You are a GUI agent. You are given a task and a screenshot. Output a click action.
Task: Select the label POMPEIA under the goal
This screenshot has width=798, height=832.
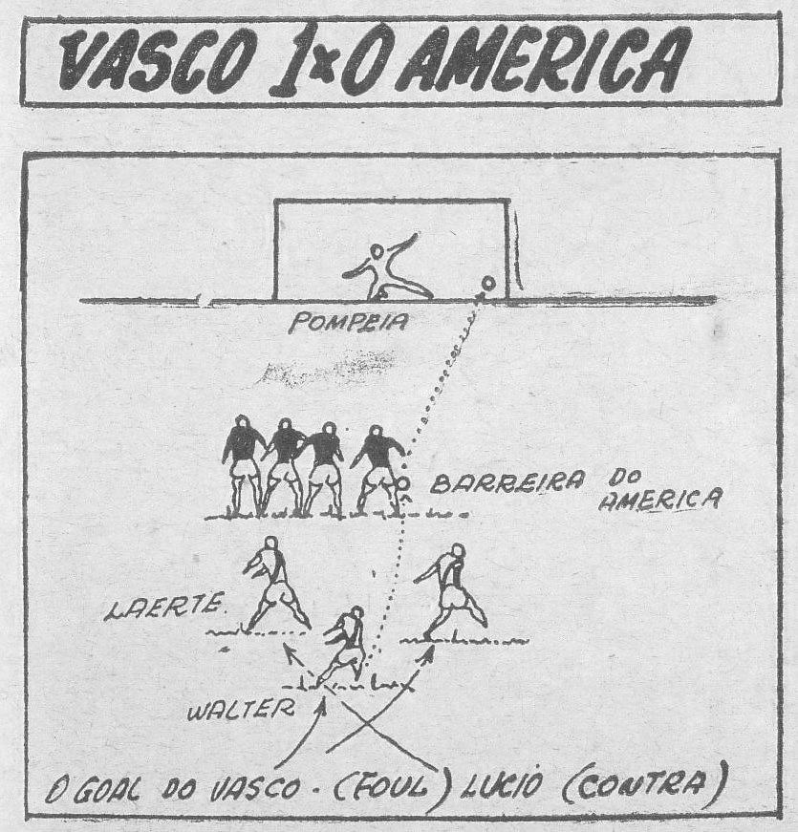coord(348,324)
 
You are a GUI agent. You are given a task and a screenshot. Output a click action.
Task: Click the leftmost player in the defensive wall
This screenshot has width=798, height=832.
coord(244,463)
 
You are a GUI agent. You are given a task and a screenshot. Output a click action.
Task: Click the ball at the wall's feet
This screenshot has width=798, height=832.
coord(404,485)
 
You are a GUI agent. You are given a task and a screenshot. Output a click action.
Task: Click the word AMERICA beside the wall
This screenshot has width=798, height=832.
coord(659,499)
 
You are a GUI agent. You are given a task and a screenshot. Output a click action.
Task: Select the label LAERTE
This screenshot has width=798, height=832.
coord(163,608)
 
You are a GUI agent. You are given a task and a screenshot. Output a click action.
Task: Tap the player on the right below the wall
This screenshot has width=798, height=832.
coord(452,589)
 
